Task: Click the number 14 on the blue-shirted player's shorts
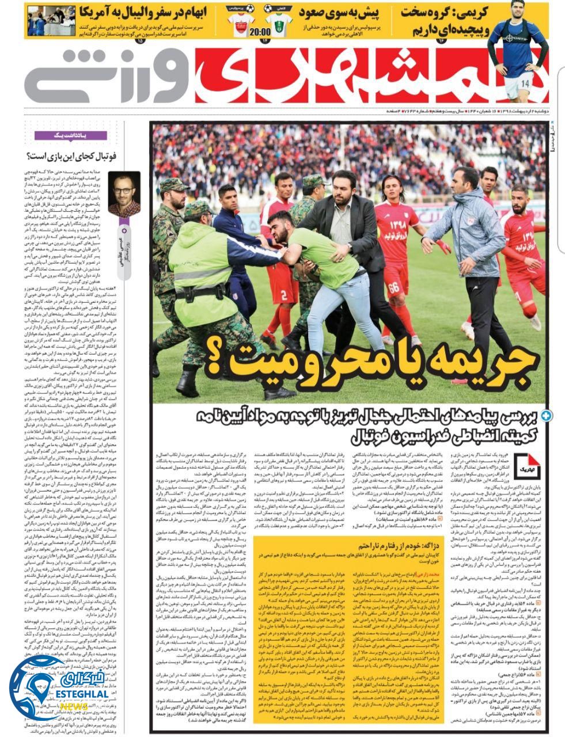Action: (524, 83)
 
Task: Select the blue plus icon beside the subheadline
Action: (546, 415)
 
